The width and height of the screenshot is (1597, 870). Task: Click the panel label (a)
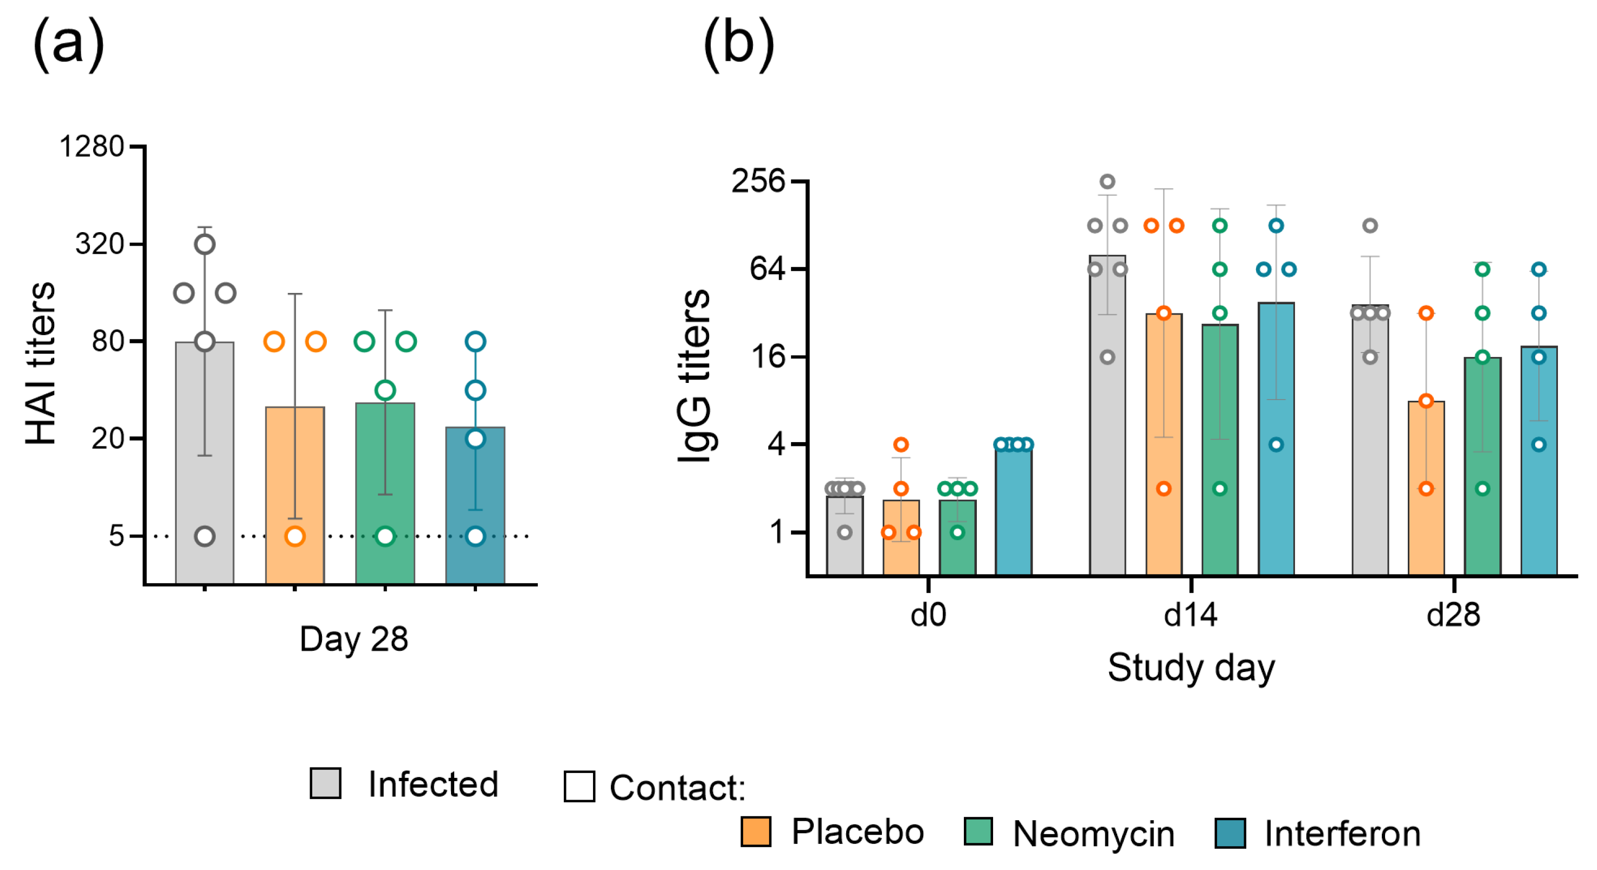pos(68,44)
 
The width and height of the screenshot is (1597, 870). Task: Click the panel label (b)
pos(738,44)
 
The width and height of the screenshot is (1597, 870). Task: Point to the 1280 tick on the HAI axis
pos(92,147)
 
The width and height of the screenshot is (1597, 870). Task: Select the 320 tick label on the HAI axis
pos(100,244)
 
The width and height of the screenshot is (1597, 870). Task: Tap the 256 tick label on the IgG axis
pos(758,181)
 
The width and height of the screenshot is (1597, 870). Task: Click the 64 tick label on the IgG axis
pos(768,268)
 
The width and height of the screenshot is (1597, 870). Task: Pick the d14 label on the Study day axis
pos(1190,615)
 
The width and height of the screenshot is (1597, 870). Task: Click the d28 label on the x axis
pos(1453,615)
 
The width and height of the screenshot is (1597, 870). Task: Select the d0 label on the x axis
pos(928,615)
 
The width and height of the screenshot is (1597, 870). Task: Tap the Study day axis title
pos(1191,668)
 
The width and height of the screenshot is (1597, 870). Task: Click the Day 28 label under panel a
pos(353,639)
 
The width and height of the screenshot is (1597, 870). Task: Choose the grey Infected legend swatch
pos(325,783)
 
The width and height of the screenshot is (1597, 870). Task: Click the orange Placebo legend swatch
pos(756,831)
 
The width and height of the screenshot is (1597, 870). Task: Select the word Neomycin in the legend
pos(1093,834)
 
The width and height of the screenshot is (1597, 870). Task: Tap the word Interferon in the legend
pos(1342,834)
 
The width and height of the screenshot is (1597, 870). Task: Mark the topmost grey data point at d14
pos(1107,182)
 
